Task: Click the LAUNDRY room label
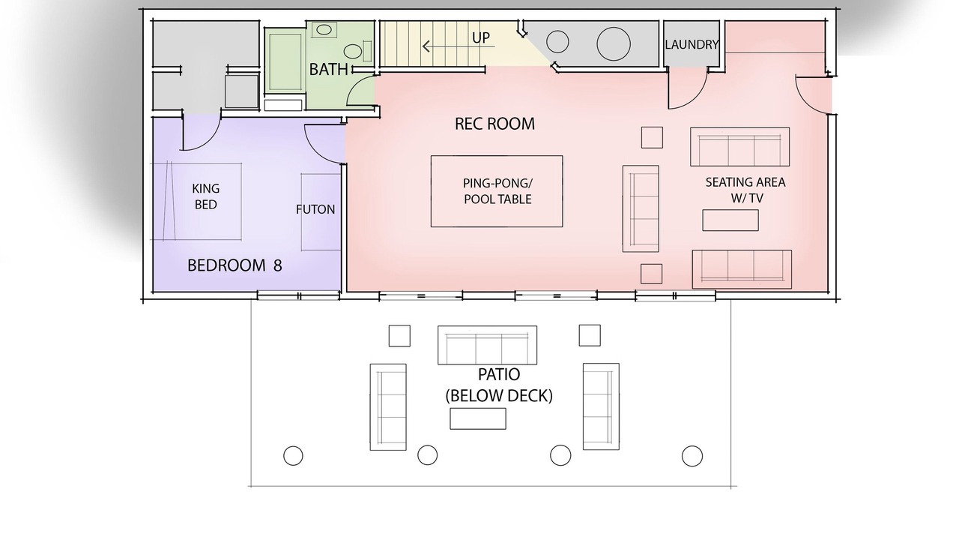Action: click(x=692, y=44)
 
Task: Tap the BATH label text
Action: click(x=328, y=70)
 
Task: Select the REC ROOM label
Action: click(x=494, y=124)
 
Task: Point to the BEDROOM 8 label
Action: click(x=235, y=265)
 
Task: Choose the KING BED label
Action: click(x=205, y=196)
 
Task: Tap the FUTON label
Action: click(x=315, y=209)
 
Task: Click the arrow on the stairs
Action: click(x=458, y=46)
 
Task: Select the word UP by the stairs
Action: click(x=481, y=37)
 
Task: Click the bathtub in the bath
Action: click(x=285, y=62)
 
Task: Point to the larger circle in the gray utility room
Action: click(x=614, y=43)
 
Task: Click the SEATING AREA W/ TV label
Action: click(x=745, y=190)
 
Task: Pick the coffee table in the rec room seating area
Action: click(x=730, y=220)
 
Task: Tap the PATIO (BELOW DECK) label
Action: click(x=499, y=385)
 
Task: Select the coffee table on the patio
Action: click(x=478, y=418)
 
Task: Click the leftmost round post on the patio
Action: click(x=293, y=455)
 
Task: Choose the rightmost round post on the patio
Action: click(x=692, y=456)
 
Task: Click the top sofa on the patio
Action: click(x=487, y=345)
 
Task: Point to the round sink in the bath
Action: click(x=353, y=52)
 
